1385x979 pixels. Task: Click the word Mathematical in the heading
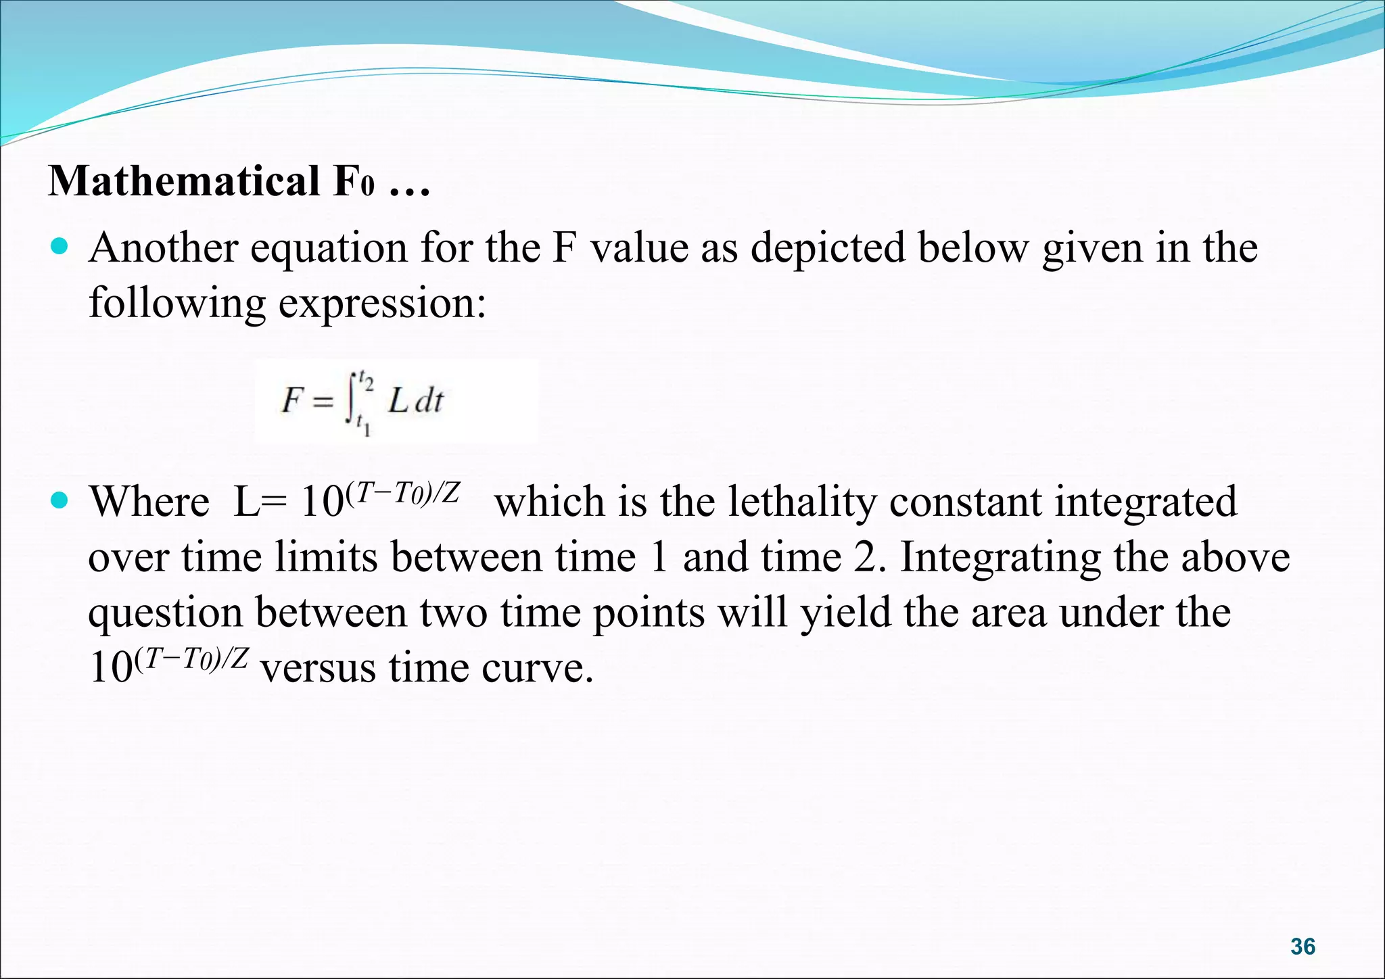tap(184, 181)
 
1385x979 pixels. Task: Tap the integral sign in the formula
tap(350, 400)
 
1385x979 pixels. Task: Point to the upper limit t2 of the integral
tap(366, 381)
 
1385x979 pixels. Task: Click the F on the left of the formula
tap(291, 400)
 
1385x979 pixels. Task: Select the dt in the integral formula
tap(429, 401)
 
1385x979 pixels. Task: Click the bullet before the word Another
tap(60, 247)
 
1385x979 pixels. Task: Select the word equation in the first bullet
tap(329, 248)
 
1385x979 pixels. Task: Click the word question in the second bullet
tap(165, 614)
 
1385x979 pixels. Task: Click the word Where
tap(149, 502)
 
